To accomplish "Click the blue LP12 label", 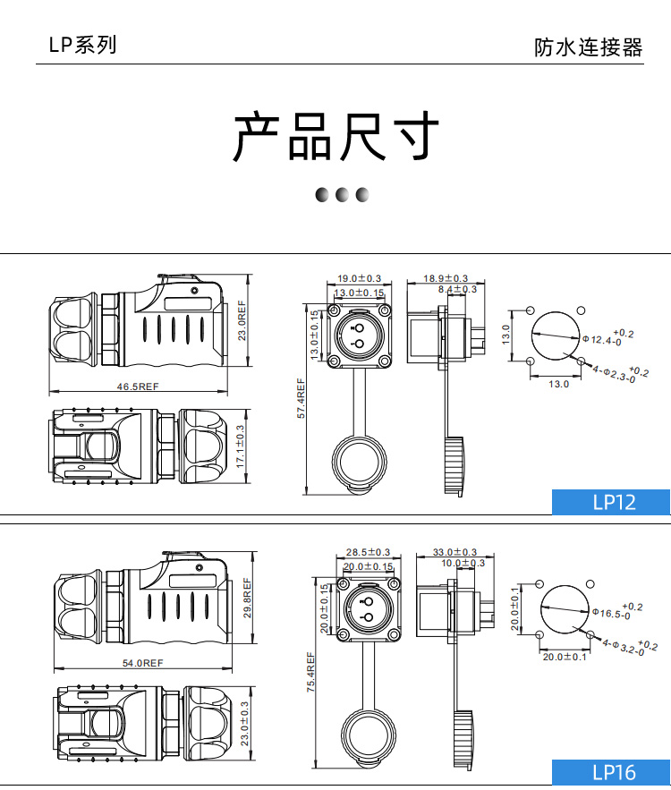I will point(614,502).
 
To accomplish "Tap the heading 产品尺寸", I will point(336,137).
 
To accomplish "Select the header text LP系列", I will point(82,45).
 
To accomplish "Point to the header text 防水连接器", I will point(588,47).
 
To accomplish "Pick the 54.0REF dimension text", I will point(142,663).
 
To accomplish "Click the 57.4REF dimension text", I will point(302,399).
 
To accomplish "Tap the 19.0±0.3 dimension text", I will point(359,279).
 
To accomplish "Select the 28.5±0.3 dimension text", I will point(368,552).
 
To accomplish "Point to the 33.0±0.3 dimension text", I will point(454,552).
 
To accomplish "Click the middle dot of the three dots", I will point(341,195).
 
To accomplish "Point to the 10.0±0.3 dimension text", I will point(463,563).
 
